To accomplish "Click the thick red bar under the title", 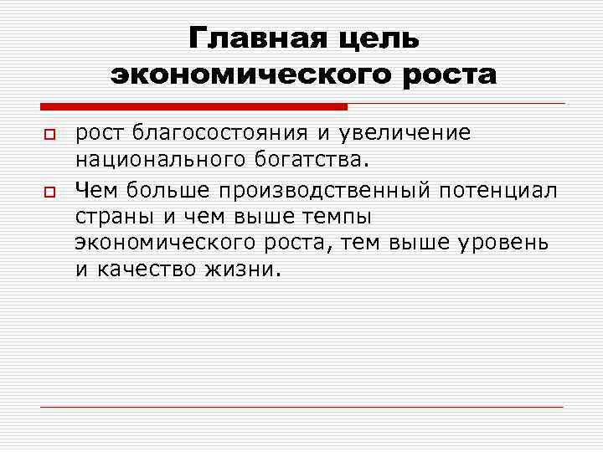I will click(193, 106).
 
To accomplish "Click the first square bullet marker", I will click(48, 135).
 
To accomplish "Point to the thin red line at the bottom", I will click(301, 408).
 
